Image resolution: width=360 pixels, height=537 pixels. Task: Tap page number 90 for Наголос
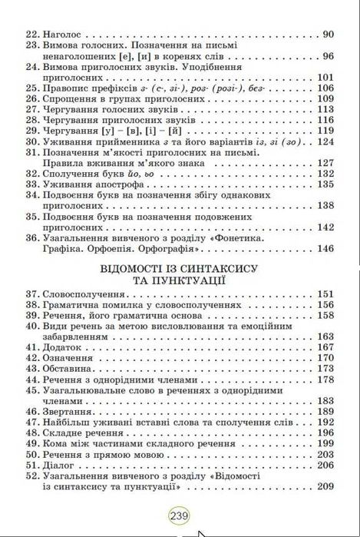pos(329,35)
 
